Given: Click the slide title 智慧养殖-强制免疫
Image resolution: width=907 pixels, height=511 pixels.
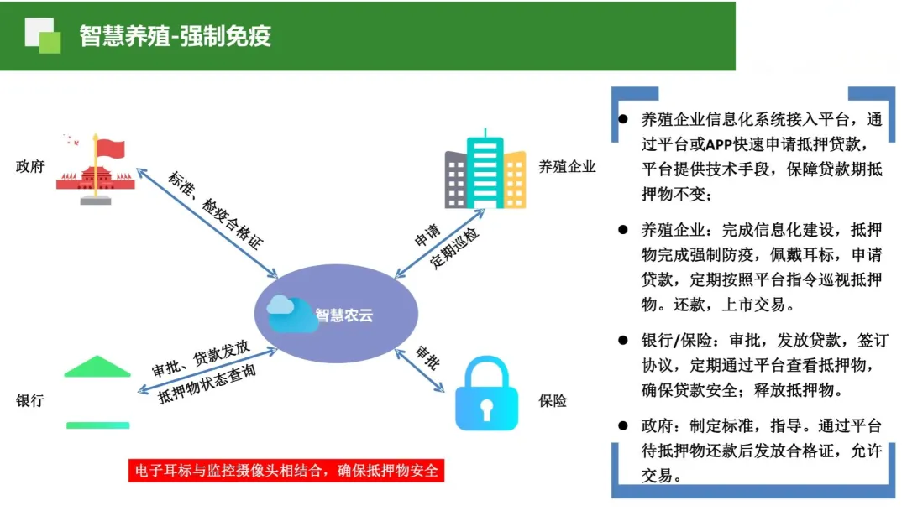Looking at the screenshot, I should tap(176, 36).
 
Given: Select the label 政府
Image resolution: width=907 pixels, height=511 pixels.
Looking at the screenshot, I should tap(30, 166).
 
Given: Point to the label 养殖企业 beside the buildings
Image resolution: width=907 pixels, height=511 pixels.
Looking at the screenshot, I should tap(567, 166).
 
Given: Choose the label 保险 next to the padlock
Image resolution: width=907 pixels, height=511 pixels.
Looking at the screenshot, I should tap(553, 401).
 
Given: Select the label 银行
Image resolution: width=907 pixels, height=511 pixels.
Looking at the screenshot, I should tap(30, 401).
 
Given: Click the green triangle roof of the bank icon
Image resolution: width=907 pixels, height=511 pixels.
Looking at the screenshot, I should tap(97, 368).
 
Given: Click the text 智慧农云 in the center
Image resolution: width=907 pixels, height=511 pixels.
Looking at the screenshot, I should tap(343, 315).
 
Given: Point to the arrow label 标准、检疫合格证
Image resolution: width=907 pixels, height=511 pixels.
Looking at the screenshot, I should tap(215, 211).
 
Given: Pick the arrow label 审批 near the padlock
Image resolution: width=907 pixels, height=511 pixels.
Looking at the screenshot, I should tap(427, 358).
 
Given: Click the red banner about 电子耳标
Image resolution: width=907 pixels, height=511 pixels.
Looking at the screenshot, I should tap(285, 470).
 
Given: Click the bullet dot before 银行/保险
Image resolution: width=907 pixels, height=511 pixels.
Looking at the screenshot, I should tap(623, 341).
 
